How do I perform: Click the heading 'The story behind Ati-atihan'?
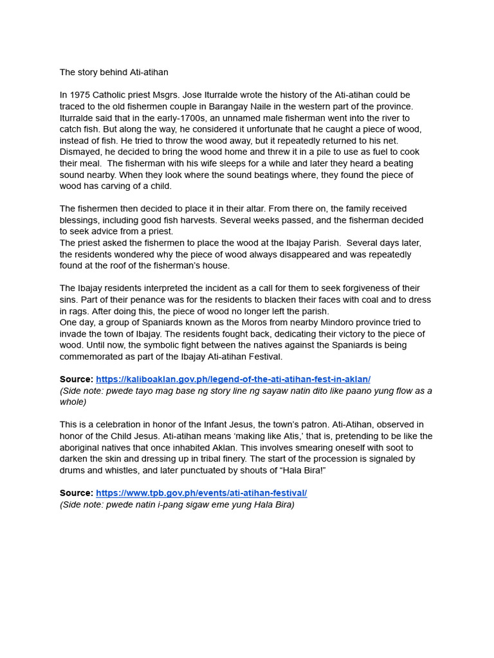coord(114,72)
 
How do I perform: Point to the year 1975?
coord(80,95)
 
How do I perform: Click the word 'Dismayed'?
coord(80,152)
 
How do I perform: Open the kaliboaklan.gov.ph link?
coord(233,379)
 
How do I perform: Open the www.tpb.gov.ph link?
coord(201,493)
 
